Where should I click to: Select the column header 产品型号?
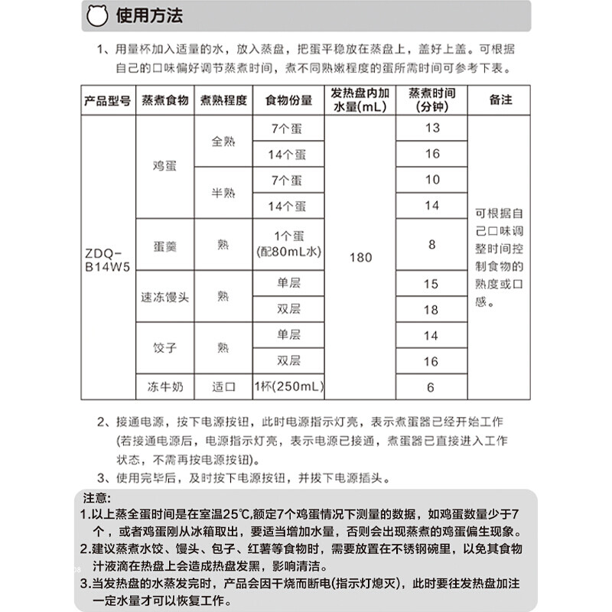pyautogui.click(x=108, y=100)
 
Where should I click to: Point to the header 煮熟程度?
pyautogui.click(x=223, y=100)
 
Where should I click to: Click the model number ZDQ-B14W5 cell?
pyautogui.click(x=107, y=258)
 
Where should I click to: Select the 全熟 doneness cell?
pyautogui.click(x=223, y=141)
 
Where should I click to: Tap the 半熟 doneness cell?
pyautogui.click(x=223, y=193)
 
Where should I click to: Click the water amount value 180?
pyautogui.click(x=360, y=258)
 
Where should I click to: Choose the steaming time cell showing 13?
pyautogui.click(x=432, y=128)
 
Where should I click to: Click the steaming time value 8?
pyautogui.click(x=432, y=245)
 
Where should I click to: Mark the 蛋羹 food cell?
pyautogui.click(x=164, y=245)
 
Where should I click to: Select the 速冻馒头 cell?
pyautogui.click(x=164, y=297)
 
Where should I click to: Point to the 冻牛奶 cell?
pyautogui.click(x=164, y=387)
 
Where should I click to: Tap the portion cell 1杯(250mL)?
pyautogui.click(x=287, y=387)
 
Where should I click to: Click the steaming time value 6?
pyautogui.click(x=432, y=387)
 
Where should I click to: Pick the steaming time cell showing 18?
pyautogui.click(x=432, y=310)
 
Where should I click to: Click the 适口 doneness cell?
pyautogui.click(x=223, y=387)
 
